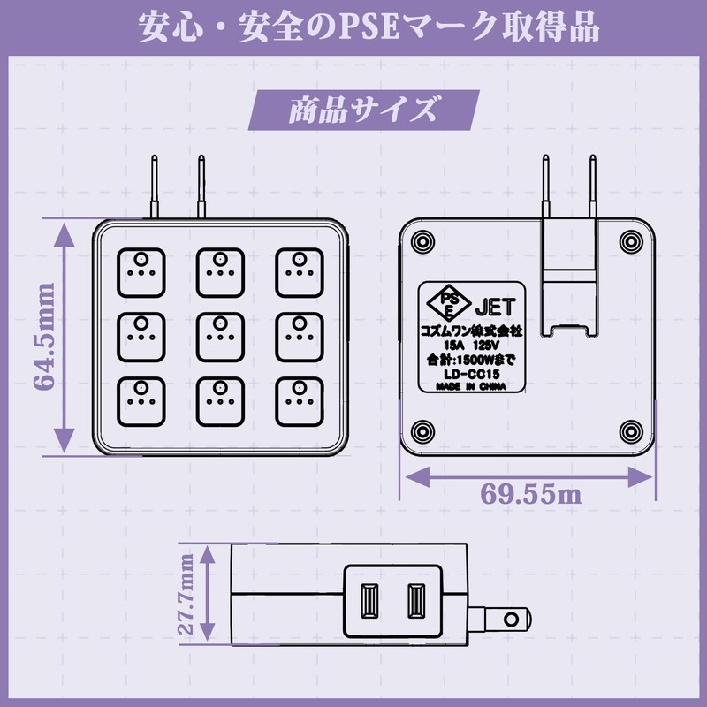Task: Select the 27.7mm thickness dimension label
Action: (186, 597)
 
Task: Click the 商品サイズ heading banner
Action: (362, 110)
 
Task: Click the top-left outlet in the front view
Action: (140, 270)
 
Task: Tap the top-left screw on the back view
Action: (420, 240)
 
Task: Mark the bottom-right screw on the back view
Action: (630, 430)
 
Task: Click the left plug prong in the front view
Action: (154, 187)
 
